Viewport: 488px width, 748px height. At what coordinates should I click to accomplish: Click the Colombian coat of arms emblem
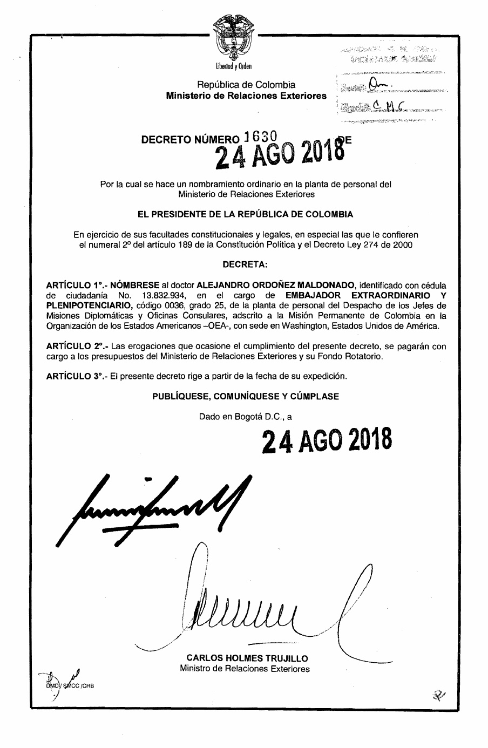(233, 38)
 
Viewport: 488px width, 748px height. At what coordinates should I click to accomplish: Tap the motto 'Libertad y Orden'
(234, 67)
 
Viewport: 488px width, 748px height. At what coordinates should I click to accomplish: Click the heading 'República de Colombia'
(246, 85)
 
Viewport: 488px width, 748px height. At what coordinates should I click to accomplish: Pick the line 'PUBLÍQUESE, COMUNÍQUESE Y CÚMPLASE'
(246, 396)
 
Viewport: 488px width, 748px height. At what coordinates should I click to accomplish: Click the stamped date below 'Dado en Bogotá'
(327, 441)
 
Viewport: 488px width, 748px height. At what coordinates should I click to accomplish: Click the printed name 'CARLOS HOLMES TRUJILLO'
(247, 658)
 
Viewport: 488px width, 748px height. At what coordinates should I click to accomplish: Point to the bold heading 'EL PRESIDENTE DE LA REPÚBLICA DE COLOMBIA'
(246, 214)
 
